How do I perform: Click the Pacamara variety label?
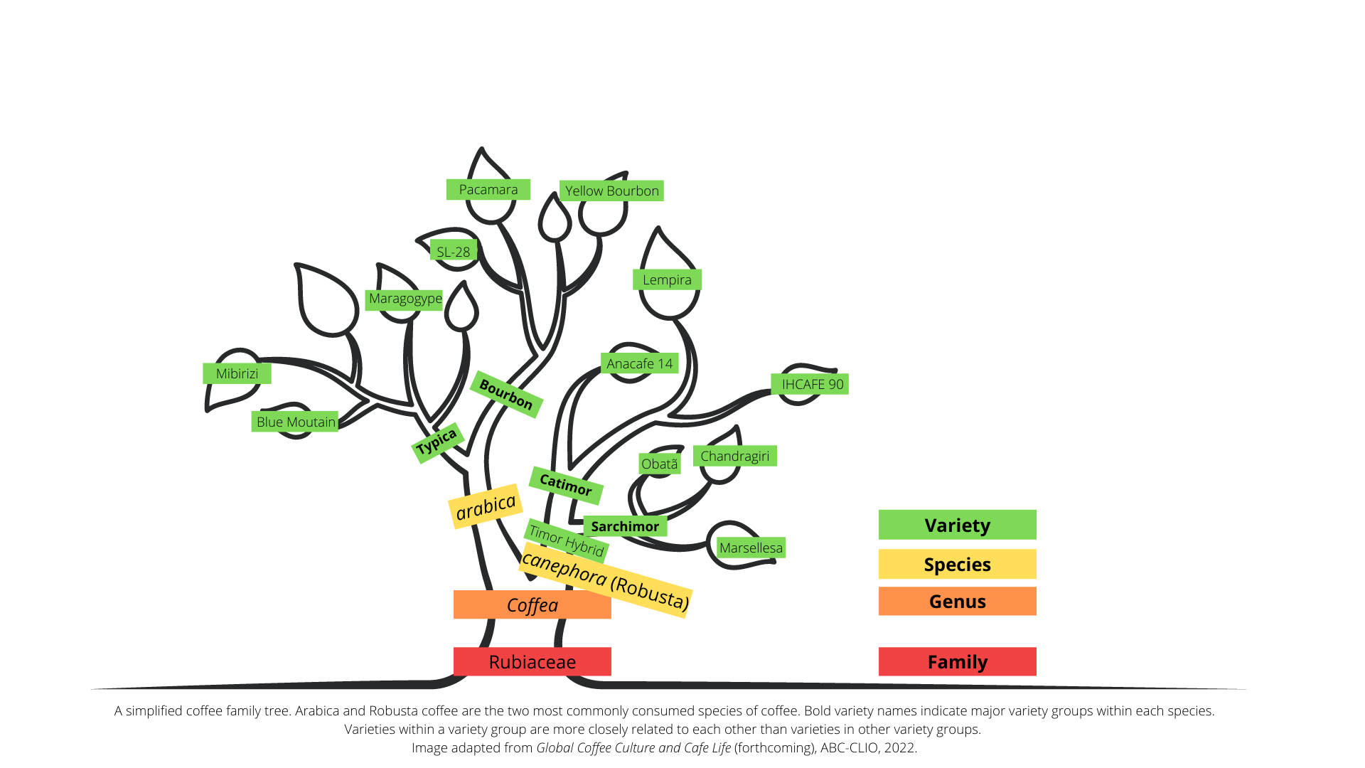[488, 190]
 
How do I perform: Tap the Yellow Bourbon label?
[611, 191]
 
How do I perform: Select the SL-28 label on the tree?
[454, 252]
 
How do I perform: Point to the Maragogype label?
[405, 299]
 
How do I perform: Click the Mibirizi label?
[237, 373]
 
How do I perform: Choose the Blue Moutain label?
[295, 422]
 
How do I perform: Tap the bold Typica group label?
[437, 442]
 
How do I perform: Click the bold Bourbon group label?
[506, 394]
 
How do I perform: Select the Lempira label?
[667, 279]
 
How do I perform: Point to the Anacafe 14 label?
[639, 363]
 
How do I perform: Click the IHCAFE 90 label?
[810, 384]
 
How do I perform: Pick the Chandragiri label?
[734, 456]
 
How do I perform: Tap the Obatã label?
[660, 464]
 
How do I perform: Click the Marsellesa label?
[750, 548]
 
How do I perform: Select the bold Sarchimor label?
[625, 526]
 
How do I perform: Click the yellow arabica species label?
[486, 507]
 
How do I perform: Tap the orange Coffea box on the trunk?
[532, 604]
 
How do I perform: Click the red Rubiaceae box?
[532, 661]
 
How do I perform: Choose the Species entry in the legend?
[957, 564]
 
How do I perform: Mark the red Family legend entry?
[957, 661]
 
